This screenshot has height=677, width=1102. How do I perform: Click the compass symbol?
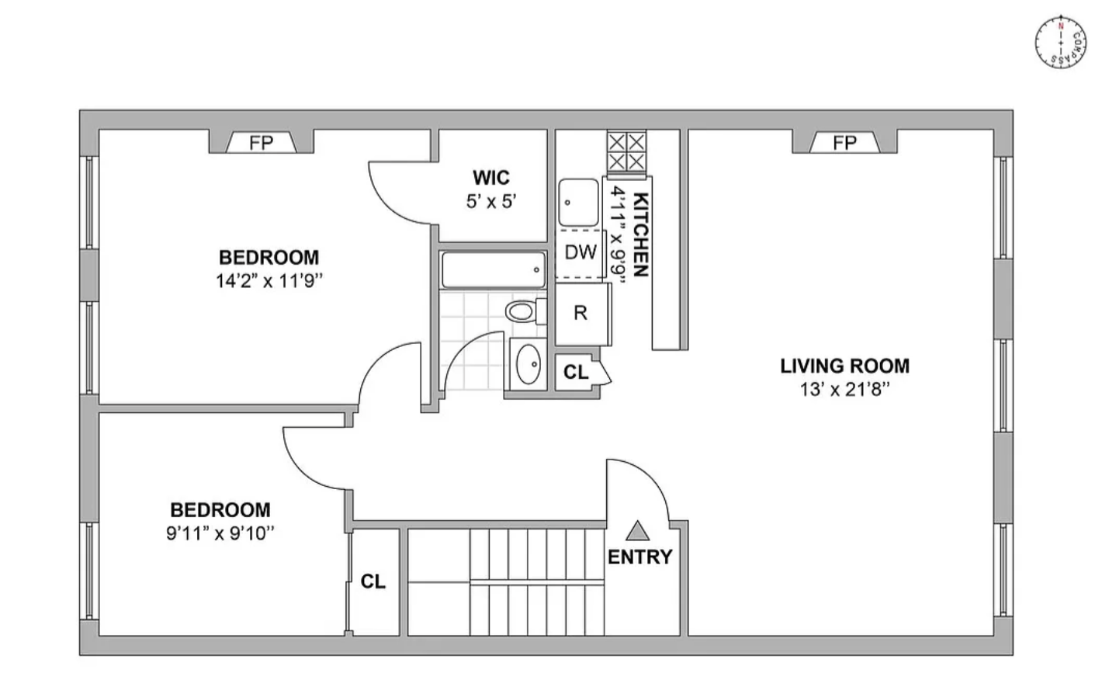click(x=1060, y=42)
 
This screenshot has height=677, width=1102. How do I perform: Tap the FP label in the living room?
click(x=844, y=143)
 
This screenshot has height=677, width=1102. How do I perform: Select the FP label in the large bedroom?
click(x=261, y=143)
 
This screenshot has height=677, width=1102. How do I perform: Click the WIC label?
click(x=491, y=178)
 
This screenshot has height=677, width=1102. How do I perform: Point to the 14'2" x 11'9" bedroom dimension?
click(x=269, y=281)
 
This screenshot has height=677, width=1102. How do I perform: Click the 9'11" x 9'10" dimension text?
click(x=220, y=533)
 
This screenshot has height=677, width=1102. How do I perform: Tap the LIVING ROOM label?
click(x=844, y=366)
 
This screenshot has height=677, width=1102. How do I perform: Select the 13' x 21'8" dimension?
click(x=844, y=389)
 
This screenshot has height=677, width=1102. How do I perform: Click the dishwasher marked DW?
click(x=580, y=254)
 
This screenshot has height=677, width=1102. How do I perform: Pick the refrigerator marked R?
click(x=583, y=314)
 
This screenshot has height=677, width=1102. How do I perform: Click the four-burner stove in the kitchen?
click(x=626, y=152)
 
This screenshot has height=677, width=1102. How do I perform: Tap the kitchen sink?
click(x=579, y=202)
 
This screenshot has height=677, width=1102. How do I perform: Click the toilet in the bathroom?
click(x=525, y=311)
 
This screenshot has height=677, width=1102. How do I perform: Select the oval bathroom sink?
click(x=528, y=364)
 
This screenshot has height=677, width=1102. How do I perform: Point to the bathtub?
click(x=494, y=269)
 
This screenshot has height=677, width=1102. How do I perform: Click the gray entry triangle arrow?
click(x=638, y=531)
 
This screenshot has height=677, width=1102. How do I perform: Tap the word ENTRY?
click(x=640, y=557)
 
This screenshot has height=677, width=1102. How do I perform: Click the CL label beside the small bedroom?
click(x=373, y=582)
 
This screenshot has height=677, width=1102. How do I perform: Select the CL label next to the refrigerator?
click(x=576, y=373)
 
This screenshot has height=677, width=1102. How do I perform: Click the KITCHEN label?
click(x=640, y=234)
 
